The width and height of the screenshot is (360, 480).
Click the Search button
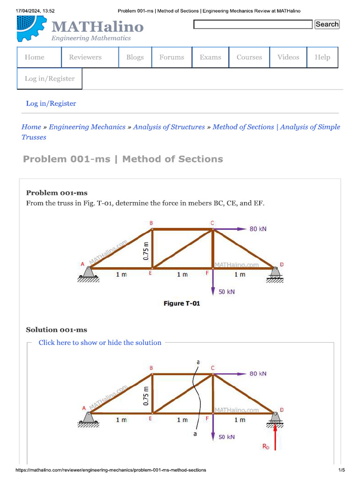[327, 24]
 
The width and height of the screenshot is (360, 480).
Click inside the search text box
[253, 24]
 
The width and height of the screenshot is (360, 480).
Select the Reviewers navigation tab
[85, 57]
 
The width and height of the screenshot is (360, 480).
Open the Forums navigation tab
[172, 57]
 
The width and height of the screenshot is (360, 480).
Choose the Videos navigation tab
[288, 57]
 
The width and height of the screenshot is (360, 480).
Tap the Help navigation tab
[322, 57]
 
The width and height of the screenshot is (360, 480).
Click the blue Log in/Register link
[51, 103]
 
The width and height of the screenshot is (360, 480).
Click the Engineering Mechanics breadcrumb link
[87, 127]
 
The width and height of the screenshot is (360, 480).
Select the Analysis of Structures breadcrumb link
[169, 127]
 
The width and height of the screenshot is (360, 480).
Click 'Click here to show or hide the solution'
[100, 343]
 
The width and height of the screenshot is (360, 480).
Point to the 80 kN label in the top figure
[258, 229]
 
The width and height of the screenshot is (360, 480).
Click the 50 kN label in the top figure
[227, 292]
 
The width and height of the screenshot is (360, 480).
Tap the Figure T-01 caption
[181, 303]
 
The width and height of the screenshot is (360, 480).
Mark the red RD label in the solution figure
[266, 447]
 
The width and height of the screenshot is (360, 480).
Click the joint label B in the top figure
[151, 223]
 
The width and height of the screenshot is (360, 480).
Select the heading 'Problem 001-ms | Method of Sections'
[123, 159]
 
